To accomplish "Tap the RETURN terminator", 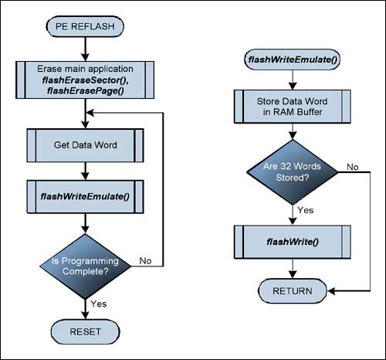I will click(292, 290).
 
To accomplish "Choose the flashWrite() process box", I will click(292, 242).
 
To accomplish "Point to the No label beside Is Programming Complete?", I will click(146, 261).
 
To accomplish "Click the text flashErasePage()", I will click(83, 93).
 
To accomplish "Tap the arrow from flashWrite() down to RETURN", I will click(292, 269).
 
